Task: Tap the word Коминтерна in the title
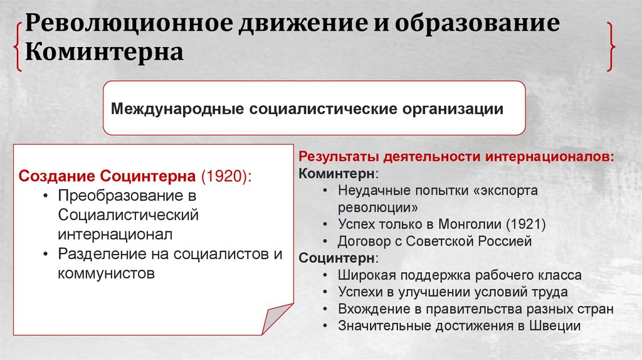103,52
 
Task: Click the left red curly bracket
18,44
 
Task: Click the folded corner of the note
276,320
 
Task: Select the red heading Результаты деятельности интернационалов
456,156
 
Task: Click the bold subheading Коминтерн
337,172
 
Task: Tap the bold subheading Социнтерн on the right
337,258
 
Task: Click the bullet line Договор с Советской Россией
434,241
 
